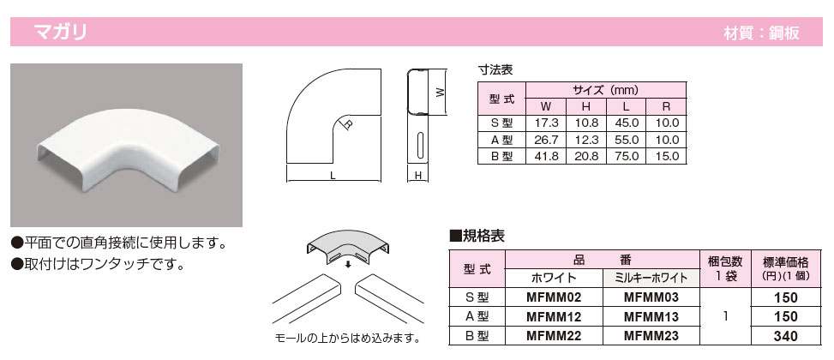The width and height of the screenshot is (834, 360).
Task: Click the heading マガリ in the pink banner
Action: tap(60, 32)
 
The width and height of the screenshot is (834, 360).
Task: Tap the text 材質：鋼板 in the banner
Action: tap(762, 33)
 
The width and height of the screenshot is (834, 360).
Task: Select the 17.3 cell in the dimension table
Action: tap(546, 123)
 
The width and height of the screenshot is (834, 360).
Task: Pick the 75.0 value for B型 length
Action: tap(626, 156)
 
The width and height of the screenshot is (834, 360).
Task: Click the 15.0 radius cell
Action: tap(667, 156)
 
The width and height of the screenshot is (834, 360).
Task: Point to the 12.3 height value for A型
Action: tap(585, 140)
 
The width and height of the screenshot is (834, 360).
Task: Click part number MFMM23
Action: tap(651, 336)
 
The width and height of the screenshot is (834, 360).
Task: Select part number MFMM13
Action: tap(651, 317)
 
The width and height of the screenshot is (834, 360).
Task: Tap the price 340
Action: tap(786, 336)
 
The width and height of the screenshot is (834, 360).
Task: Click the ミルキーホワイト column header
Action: tap(651, 278)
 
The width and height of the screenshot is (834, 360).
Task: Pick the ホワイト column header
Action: tap(554, 278)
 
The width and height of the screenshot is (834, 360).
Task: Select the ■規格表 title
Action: tap(477, 237)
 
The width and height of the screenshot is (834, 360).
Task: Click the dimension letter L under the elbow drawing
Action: tap(333, 176)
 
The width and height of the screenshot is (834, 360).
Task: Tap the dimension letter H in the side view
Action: tap(418, 176)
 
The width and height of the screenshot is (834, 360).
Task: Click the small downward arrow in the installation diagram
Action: tap(348, 265)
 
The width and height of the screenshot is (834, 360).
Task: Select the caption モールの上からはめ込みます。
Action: tap(347, 339)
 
